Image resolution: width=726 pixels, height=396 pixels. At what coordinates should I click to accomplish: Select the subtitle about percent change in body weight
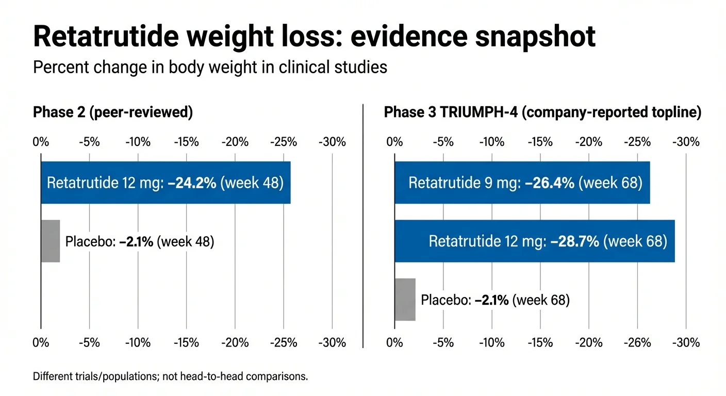tap(210, 67)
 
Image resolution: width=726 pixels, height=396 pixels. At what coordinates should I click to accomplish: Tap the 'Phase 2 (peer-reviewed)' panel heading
tap(112, 113)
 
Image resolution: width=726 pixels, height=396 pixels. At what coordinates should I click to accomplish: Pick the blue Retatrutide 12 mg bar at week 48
tap(166, 183)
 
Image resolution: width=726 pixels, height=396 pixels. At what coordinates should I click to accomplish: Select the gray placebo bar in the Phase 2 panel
tap(50, 241)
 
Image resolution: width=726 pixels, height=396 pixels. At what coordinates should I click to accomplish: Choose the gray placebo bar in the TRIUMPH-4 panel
tap(405, 300)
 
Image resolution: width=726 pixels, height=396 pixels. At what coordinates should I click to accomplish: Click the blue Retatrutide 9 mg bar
tap(522, 183)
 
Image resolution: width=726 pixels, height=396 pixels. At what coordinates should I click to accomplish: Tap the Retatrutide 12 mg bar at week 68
tap(534, 241)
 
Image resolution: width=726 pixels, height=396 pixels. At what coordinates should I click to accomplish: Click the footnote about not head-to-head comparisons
tap(170, 376)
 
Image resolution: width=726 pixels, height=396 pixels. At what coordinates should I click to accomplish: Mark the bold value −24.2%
tap(192, 183)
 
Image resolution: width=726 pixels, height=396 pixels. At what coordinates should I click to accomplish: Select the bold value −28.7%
tap(574, 241)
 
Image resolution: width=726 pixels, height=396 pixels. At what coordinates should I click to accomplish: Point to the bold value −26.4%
tap(550, 183)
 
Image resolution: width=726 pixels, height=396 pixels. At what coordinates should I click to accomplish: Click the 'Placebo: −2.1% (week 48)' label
tap(139, 241)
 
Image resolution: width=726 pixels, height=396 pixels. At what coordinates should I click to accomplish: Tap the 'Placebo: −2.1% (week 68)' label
tap(495, 300)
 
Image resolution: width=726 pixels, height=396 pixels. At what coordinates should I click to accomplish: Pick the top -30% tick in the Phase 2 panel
tap(332, 142)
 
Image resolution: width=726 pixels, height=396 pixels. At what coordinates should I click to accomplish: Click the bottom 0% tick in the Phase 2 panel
tap(41, 343)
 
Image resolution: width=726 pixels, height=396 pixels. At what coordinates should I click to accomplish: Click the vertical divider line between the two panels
tap(363, 227)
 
